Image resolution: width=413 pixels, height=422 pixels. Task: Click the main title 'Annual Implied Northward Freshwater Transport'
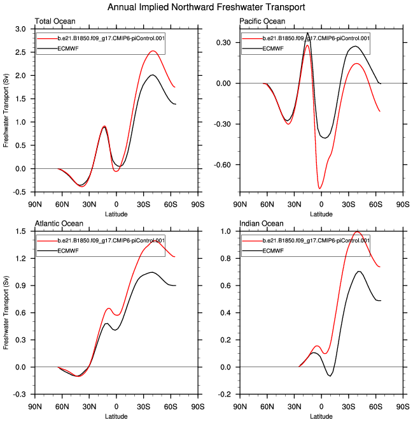coord(206,7)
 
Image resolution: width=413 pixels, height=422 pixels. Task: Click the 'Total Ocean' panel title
coord(53,22)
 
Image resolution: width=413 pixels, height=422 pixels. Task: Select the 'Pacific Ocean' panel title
coord(262,22)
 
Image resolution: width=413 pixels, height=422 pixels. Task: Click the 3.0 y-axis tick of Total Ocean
coord(20,29)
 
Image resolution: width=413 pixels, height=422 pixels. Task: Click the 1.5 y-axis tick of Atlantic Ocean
coord(20,231)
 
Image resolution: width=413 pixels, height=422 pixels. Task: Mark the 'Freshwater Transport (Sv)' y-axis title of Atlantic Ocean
coord(6,313)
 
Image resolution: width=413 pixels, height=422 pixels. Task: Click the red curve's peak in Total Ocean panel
coord(153,51)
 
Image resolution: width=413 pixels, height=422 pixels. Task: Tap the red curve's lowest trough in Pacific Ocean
coord(320,188)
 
